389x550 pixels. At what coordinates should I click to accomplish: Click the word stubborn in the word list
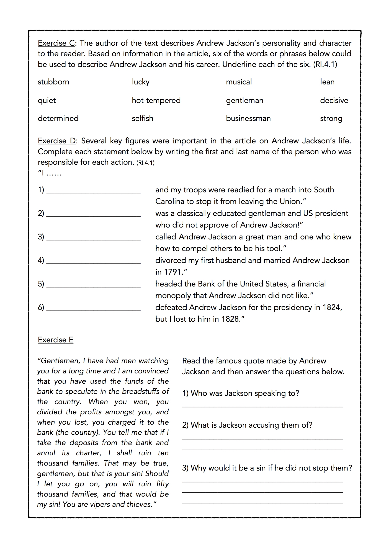click(x=53, y=82)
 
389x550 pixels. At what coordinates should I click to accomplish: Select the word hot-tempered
click(x=156, y=100)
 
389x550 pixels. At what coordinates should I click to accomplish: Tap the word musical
click(x=239, y=82)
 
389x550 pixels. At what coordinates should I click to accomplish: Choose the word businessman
click(x=248, y=118)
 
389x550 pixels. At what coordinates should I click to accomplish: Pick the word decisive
click(x=334, y=100)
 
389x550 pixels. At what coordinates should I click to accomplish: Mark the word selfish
click(x=143, y=118)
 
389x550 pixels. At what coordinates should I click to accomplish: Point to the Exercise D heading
click(x=57, y=141)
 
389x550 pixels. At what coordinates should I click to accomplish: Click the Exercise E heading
click(x=56, y=340)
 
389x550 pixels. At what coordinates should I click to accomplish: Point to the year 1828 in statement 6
click(x=230, y=319)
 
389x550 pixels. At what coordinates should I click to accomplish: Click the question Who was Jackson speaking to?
click(x=241, y=393)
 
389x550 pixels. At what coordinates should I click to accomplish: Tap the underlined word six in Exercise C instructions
click(x=217, y=54)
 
